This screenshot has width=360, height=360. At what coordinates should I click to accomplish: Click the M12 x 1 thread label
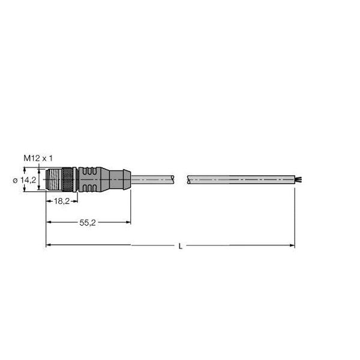[x=38, y=157]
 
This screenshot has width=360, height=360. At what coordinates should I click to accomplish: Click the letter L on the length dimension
[x=181, y=246]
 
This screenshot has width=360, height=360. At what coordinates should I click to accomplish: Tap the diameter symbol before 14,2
[x=16, y=179]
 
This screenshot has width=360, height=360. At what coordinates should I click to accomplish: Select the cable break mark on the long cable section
[x=188, y=179]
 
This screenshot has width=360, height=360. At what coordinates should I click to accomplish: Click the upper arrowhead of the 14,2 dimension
[x=40, y=170]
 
